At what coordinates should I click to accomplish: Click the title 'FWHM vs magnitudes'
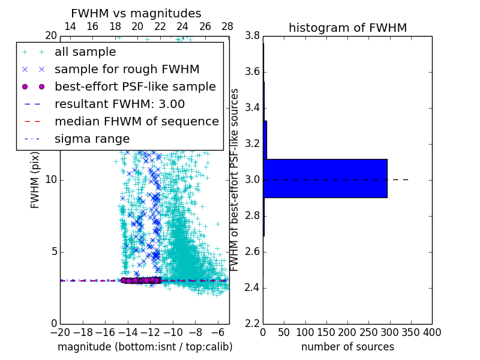[136, 13]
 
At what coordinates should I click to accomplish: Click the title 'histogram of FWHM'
[347, 28]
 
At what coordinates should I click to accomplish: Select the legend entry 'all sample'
[85, 52]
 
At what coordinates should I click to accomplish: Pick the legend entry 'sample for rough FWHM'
[127, 69]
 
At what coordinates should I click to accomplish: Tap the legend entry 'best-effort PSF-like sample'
[135, 86]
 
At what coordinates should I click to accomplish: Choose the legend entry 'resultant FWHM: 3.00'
[119, 104]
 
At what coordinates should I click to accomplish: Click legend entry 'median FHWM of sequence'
[136, 121]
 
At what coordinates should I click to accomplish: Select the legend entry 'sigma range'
[92, 139]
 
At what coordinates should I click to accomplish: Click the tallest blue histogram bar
[325, 178]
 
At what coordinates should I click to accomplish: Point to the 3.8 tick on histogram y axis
[253, 36]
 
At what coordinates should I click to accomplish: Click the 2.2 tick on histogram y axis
[253, 323]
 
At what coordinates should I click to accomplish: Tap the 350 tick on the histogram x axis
[411, 332]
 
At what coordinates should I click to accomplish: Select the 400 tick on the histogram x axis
[432, 332]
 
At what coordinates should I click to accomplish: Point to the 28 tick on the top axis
[227, 26]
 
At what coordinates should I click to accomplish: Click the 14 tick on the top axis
[70, 26]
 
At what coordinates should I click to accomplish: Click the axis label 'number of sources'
[347, 347]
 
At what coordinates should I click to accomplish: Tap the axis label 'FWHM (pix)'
[35, 179]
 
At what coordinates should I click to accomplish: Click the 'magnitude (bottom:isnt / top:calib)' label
[145, 347]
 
